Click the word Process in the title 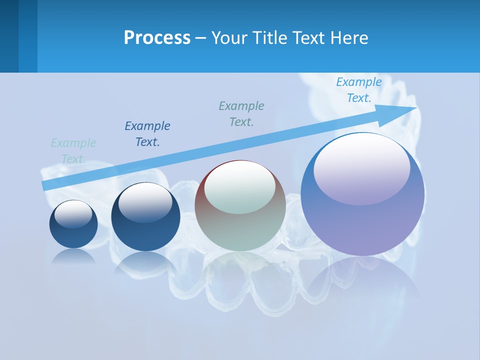pos(157,38)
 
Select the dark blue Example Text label pos(147,134)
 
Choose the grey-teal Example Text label pos(241,113)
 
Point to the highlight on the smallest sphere pos(73,213)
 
